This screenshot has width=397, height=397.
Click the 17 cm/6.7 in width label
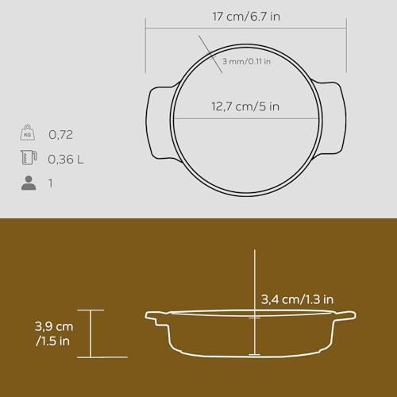point(246,17)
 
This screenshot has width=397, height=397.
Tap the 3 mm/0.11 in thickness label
point(246,61)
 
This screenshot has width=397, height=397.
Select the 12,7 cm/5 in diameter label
point(245,106)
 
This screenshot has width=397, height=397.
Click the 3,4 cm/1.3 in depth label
point(297,299)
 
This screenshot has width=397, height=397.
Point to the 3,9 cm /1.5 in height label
point(54,333)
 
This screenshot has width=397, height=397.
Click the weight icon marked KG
point(28,133)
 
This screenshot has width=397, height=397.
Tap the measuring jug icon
point(29,157)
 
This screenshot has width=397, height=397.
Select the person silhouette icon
point(29,183)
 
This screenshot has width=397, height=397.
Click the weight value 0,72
point(60,135)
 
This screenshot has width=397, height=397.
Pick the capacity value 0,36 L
point(66,160)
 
